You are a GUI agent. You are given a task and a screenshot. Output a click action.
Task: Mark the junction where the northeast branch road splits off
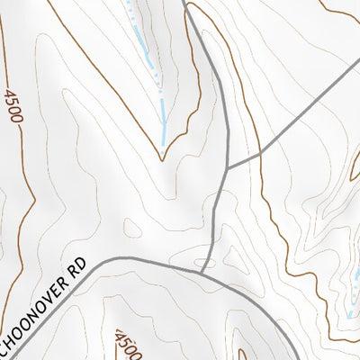(227, 167)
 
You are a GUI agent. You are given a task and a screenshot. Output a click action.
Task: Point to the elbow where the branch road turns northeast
(261, 153)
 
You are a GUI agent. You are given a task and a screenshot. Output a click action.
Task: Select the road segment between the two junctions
(214, 220)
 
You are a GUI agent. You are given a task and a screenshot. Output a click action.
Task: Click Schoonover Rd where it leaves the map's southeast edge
(297, 358)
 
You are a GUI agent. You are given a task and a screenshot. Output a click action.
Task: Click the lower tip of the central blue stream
(163, 144)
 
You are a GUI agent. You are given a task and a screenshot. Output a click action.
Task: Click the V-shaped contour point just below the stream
(163, 160)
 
